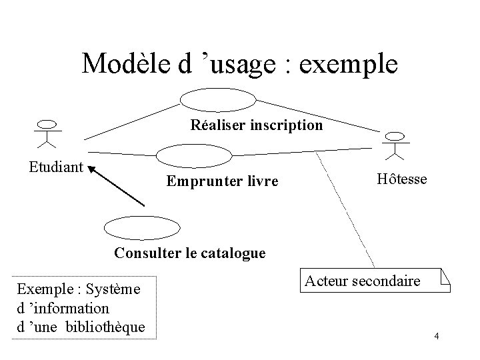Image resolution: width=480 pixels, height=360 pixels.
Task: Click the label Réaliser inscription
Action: coord(257,125)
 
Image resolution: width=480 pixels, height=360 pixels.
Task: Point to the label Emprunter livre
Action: coord(222,181)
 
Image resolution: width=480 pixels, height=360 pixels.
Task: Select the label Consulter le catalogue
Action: coord(190,253)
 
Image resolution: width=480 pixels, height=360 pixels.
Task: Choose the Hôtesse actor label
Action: coord(402,179)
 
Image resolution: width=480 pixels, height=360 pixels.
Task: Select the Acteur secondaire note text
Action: coord(362,281)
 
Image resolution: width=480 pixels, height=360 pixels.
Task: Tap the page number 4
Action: coord(436,335)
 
